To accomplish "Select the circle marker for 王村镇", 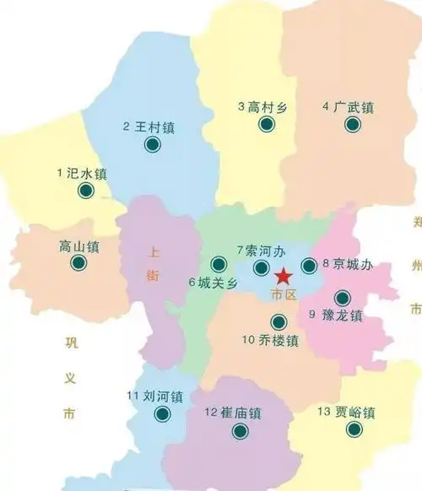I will coord(153,144).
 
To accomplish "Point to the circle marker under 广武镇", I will coord(352,125).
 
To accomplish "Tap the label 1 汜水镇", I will coord(83,174).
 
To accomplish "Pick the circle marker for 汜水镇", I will coord(85,192).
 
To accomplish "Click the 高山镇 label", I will coord(79,246).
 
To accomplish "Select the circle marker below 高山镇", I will coord(78,263).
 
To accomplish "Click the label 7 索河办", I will coord(262,251).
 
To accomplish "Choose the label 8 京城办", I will coord(347,263).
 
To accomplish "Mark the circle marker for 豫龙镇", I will coord(342,297).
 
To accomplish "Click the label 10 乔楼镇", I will coord(270,341).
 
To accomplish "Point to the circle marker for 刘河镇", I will coord(162,413).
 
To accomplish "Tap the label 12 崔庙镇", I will coord(234,413).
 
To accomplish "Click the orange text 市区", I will coord(279,294).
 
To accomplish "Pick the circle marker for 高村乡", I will coord(267,125).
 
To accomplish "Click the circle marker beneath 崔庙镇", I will coord(241,431).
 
